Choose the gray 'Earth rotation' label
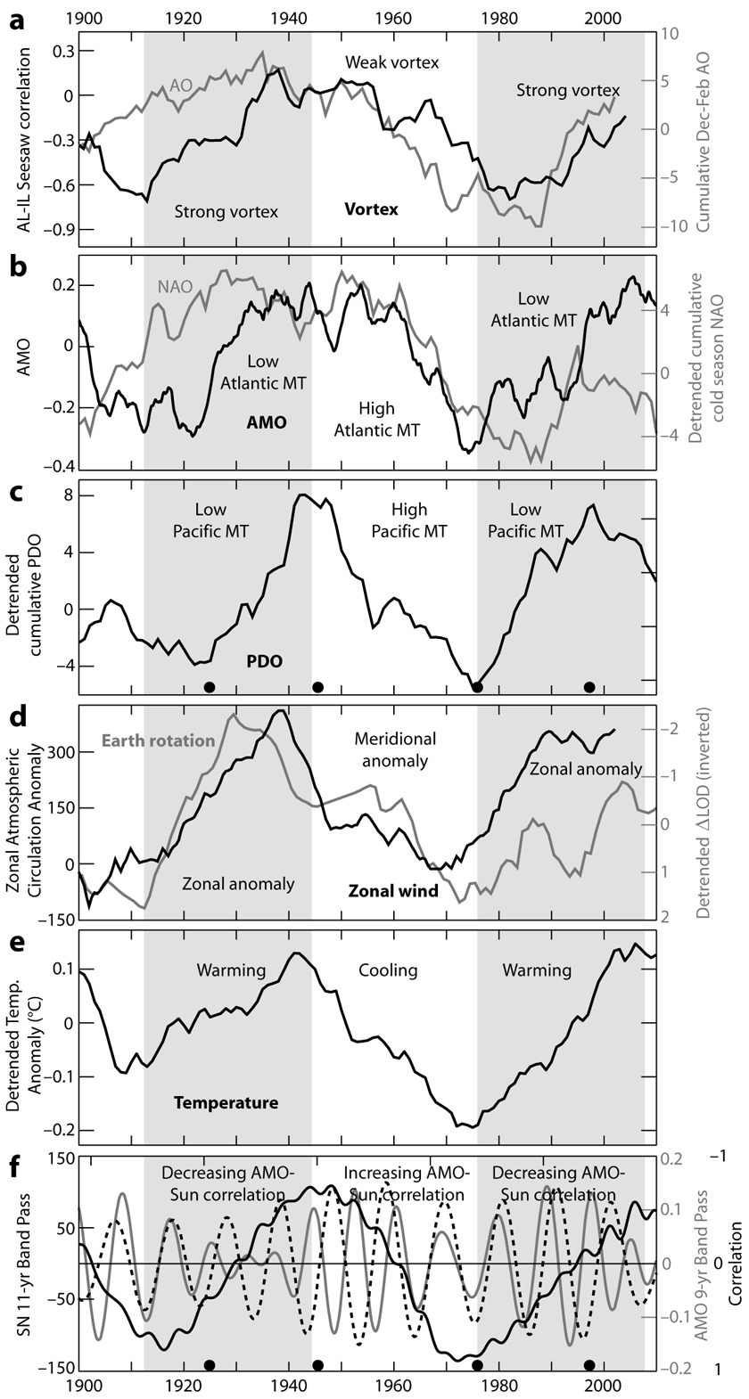160,740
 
